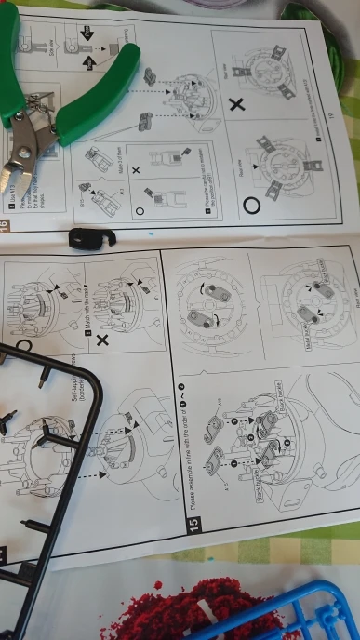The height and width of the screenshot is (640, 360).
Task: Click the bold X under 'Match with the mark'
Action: pos(101,340)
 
